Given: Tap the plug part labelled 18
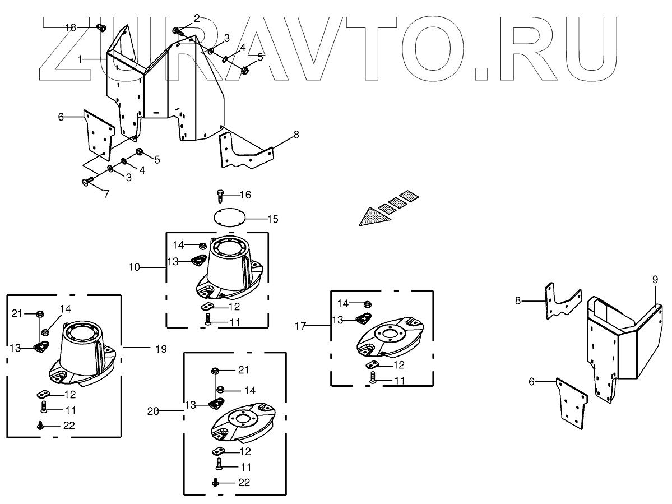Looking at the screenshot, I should pyautogui.click(x=101, y=27).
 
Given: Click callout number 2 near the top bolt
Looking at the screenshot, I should pyautogui.click(x=196, y=19).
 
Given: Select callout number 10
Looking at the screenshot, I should pyautogui.click(x=134, y=267).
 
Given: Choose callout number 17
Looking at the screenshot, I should pyautogui.click(x=301, y=325).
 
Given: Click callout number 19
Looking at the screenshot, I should pyautogui.click(x=161, y=349).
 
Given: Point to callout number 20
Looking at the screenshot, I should pyautogui.click(x=154, y=411).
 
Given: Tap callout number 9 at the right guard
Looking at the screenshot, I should pyautogui.click(x=655, y=279).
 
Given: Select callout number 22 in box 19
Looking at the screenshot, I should pyautogui.click(x=68, y=426).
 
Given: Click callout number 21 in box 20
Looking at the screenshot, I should pyautogui.click(x=242, y=369).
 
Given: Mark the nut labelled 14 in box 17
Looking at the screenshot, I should pyautogui.click(x=368, y=304).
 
